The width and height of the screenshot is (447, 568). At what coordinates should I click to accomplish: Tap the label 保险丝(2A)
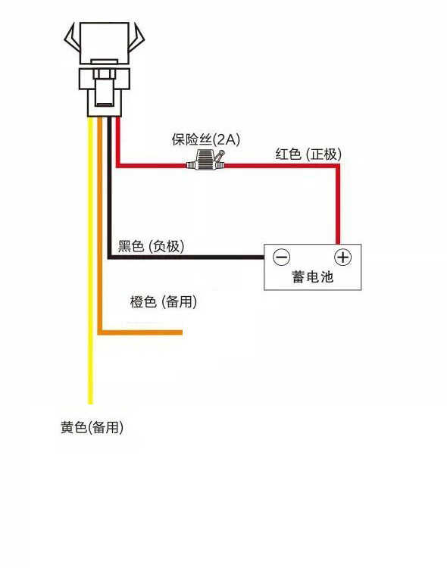click(x=205, y=139)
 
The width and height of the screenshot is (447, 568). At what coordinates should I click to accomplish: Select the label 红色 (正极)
click(x=308, y=154)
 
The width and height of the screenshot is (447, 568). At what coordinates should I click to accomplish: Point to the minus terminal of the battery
click(x=281, y=257)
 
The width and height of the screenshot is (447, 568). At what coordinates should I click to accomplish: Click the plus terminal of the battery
click(x=343, y=257)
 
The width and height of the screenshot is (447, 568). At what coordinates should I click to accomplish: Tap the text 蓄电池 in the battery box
click(x=312, y=277)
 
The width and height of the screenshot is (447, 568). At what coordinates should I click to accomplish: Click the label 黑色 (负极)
click(x=151, y=246)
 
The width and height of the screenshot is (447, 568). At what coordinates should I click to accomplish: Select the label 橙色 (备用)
click(x=164, y=302)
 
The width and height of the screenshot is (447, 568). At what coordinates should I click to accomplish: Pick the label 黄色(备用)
click(x=92, y=428)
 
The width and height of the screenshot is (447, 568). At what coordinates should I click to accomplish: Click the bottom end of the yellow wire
click(x=91, y=402)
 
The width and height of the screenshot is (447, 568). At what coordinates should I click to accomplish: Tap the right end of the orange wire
click(x=180, y=332)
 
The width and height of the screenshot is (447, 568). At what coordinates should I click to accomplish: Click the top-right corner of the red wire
click(x=338, y=165)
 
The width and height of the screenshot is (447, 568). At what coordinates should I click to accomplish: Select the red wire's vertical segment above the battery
click(x=338, y=204)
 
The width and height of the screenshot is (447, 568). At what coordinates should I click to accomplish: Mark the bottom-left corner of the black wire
click(x=110, y=257)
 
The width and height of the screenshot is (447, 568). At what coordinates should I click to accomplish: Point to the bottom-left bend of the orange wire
click(x=100, y=332)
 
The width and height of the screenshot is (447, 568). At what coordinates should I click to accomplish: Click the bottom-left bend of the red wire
click(x=118, y=164)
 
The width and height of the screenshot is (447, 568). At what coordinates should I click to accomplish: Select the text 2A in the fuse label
click(x=226, y=139)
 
